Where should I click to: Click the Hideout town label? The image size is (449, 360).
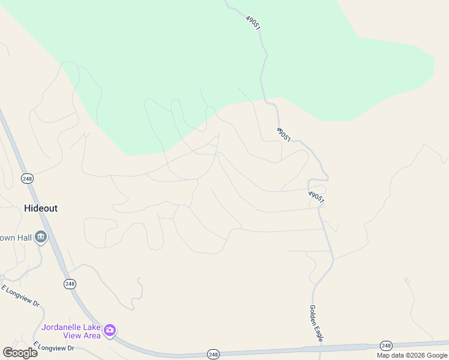(x=41, y=208)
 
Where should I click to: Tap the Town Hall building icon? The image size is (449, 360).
(x=41, y=238)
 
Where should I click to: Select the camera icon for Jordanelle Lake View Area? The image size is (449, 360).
(x=109, y=330)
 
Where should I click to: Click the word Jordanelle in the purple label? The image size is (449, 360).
(x=64, y=327)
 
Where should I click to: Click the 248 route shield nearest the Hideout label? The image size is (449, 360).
(x=27, y=178)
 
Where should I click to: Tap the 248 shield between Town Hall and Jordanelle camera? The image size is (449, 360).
(x=70, y=284)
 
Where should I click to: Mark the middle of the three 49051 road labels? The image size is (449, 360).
(x=284, y=135)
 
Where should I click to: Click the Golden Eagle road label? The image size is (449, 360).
(x=316, y=324)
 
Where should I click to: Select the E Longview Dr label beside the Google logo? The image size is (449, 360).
(x=54, y=347)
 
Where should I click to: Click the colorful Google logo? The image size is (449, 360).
(x=20, y=352)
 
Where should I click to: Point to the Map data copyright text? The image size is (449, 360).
(x=412, y=355)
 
